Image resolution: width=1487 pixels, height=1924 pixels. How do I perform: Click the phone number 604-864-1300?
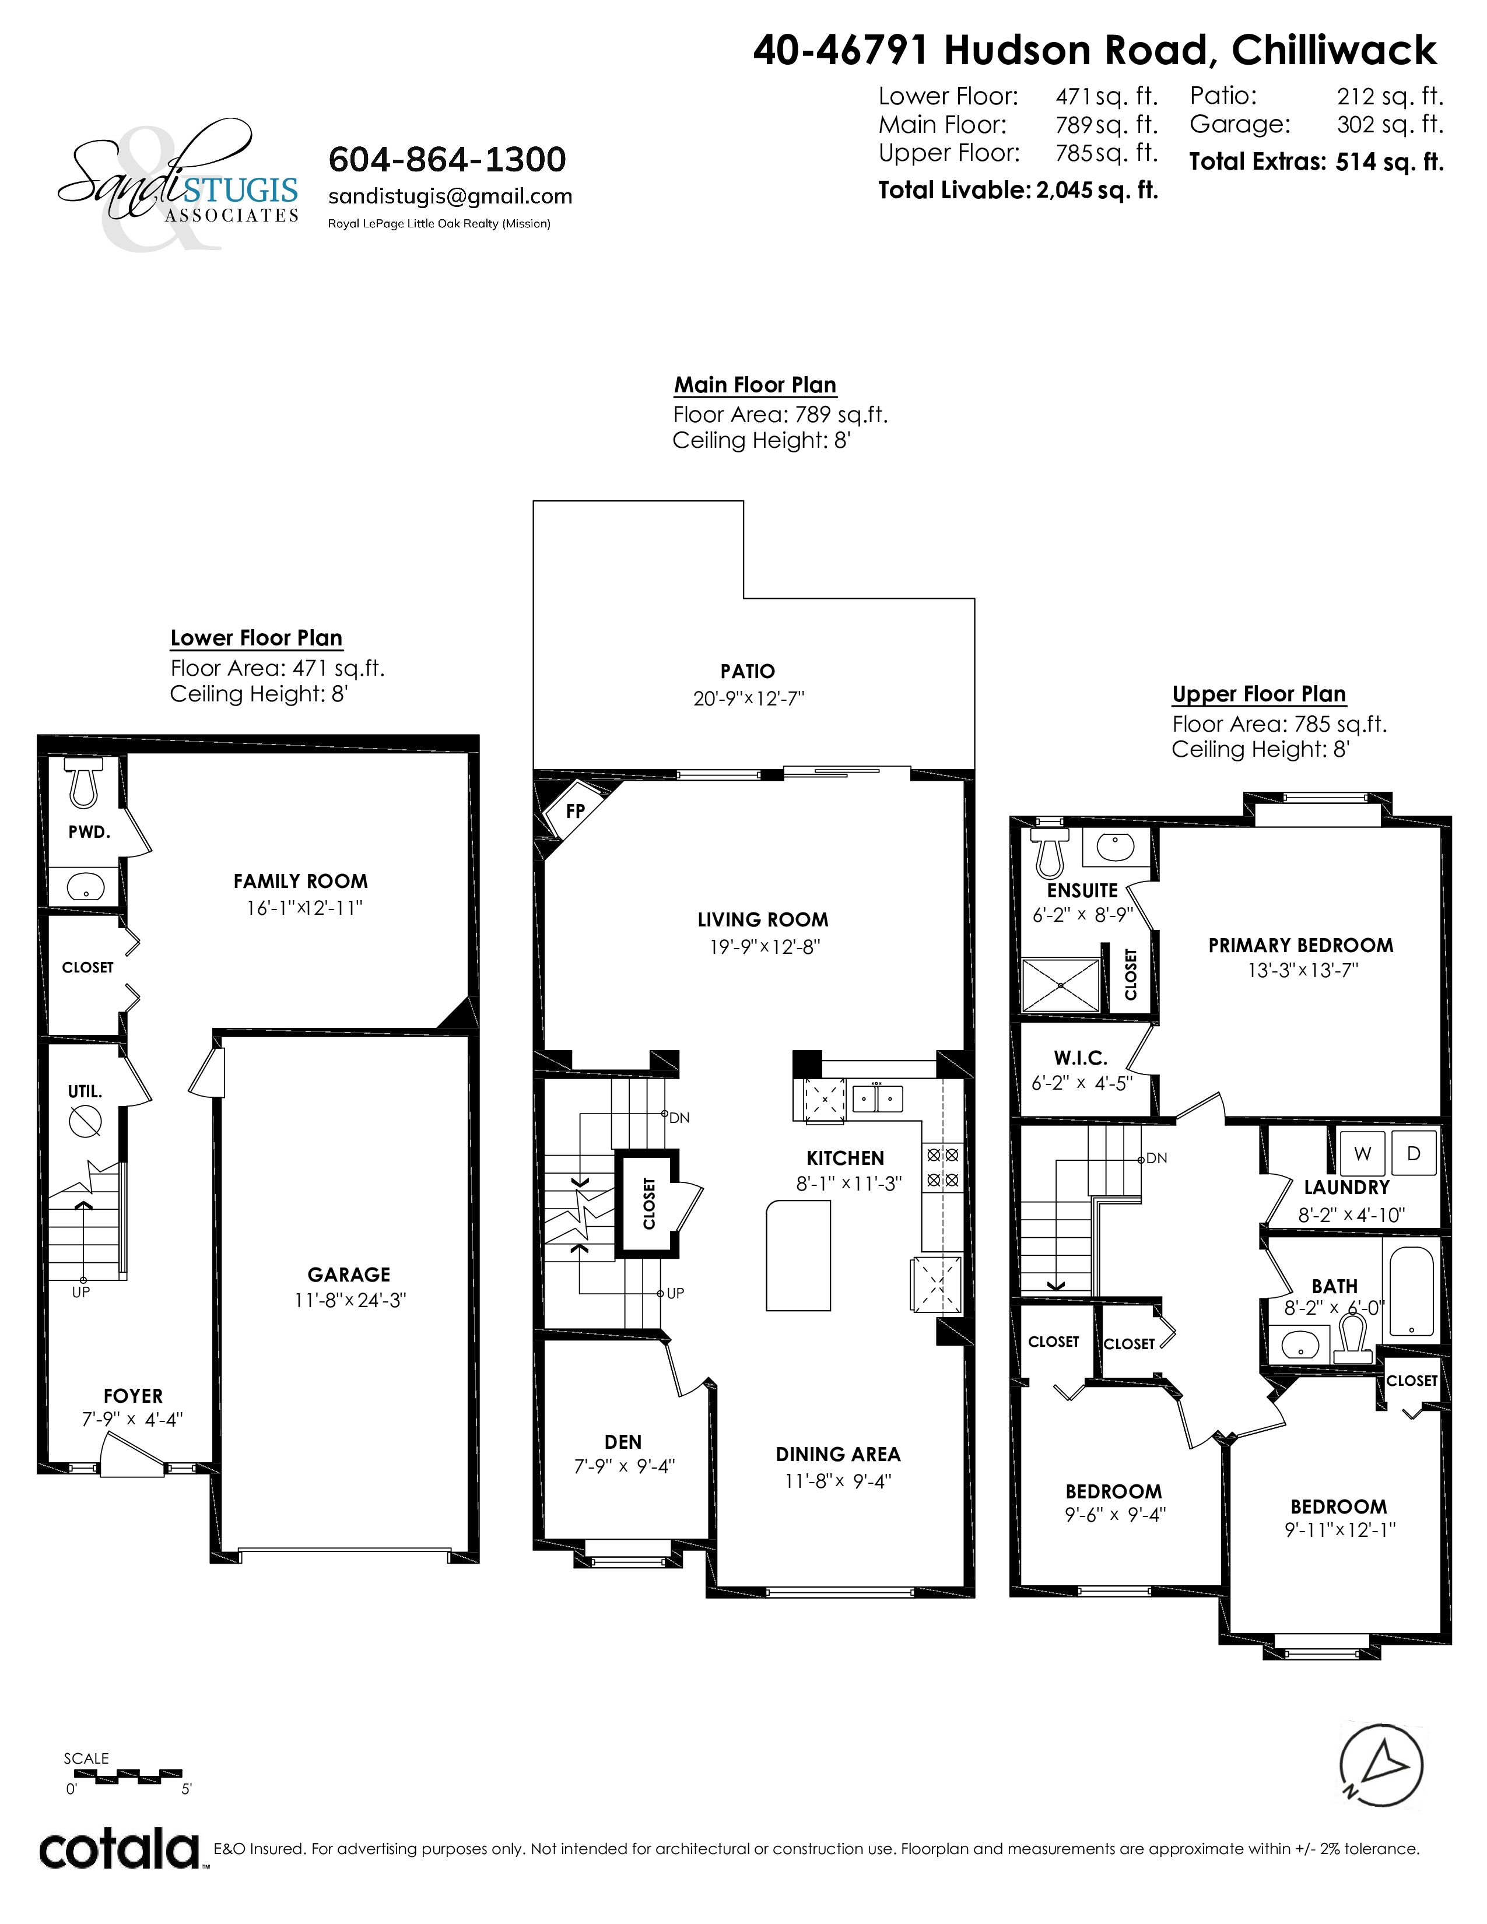[447, 159]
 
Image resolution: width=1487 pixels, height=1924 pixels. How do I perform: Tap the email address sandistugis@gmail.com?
[450, 196]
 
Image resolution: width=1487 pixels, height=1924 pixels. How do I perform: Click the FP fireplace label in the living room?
[575, 810]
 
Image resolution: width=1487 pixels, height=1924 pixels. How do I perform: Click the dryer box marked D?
[1413, 1153]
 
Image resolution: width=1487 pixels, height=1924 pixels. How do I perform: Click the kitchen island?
[798, 1255]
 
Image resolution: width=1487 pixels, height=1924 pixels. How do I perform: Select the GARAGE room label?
[349, 1275]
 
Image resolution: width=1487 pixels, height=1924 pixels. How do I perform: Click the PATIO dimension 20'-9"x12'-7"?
[749, 698]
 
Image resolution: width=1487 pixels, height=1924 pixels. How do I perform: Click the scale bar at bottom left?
[124, 1775]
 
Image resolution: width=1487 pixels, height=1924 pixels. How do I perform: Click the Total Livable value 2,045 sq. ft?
[1097, 190]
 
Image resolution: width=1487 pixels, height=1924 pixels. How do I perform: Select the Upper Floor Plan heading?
[1259, 694]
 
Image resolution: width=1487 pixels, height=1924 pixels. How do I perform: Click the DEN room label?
[623, 1442]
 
